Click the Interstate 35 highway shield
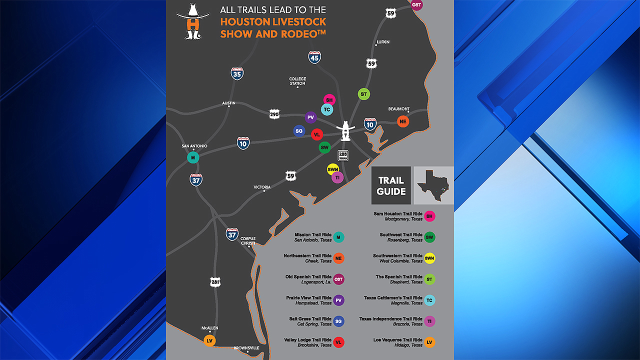(x=237, y=74)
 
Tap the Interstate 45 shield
(x=314, y=57)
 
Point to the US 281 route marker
(x=215, y=282)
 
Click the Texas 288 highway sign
(x=343, y=155)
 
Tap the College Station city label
(x=297, y=81)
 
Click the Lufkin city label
(x=382, y=42)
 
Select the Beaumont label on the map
(x=398, y=109)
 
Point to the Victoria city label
(x=262, y=187)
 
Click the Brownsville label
(x=246, y=348)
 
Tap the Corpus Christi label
(x=248, y=241)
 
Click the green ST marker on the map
(x=363, y=94)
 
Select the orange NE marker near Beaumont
(x=403, y=121)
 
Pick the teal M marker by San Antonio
(x=193, y=157)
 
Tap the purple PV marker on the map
(x=310, y=117)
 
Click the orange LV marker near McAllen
(x=210, y=340)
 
